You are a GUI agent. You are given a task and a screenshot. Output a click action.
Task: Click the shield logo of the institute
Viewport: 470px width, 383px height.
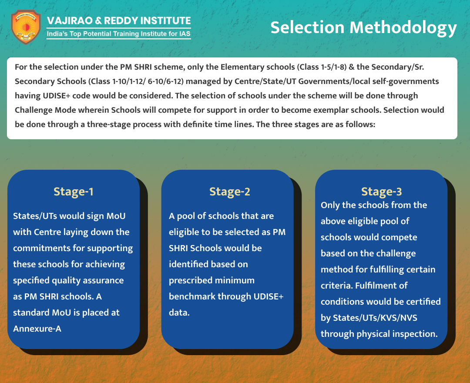coord(26,27)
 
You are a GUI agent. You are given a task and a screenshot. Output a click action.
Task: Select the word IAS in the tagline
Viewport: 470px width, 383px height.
coord(185,34)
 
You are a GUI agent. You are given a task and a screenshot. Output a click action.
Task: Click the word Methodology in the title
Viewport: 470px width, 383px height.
coord(403,28)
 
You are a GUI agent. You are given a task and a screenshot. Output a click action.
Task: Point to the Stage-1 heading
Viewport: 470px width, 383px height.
coord(74,192)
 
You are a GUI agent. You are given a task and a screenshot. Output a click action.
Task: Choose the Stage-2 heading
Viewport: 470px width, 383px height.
coord(230,192)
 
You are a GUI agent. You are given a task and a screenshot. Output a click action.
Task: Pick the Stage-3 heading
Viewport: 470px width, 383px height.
coord(381,192)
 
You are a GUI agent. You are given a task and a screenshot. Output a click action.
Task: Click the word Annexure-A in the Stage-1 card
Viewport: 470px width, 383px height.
coord(37,329)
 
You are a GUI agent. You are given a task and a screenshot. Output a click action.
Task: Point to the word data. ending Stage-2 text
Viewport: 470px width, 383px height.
coord(179,313)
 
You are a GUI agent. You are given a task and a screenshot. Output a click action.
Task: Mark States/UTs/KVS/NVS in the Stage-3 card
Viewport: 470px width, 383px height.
coord(375,318)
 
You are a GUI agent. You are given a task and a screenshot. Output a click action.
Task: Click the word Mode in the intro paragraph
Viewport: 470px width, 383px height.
coord(65,110)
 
